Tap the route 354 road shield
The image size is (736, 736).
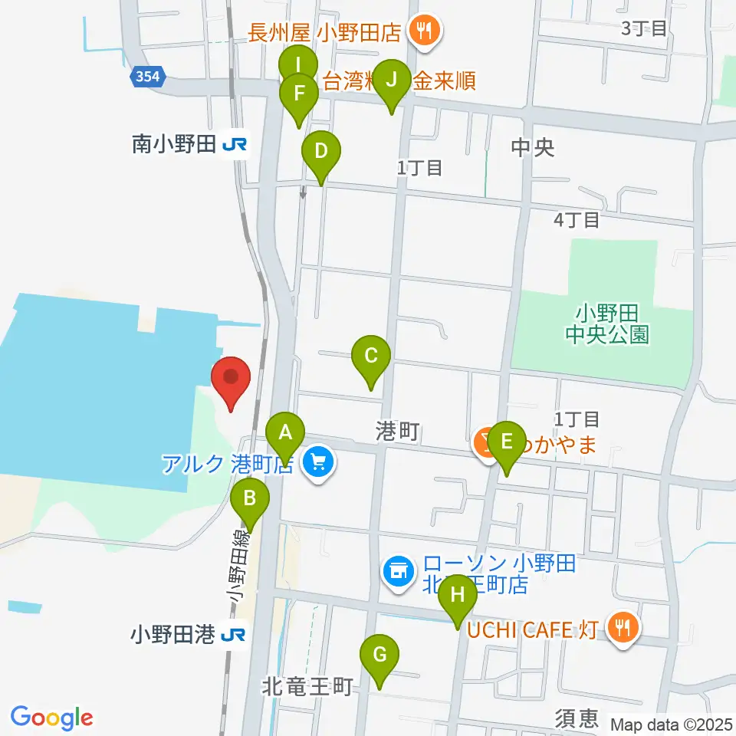pyautogui.click(x=146, y=77)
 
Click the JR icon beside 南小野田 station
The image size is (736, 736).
pyautogui.click(x=235, y=144)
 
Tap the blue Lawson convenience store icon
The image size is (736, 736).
pyautogui.click(x=397, y=570)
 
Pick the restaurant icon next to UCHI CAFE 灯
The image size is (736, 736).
pyautogui.click(x=622, y=629)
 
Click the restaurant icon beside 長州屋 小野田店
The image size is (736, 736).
pyautogui.click(x=422, y=32)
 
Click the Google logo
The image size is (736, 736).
pyautogui.click(x=52, y=718)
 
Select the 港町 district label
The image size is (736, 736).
pyautogui.click(x=397, y=432)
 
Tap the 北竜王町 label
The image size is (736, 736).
pyautogui.click(x=307, y=686)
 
